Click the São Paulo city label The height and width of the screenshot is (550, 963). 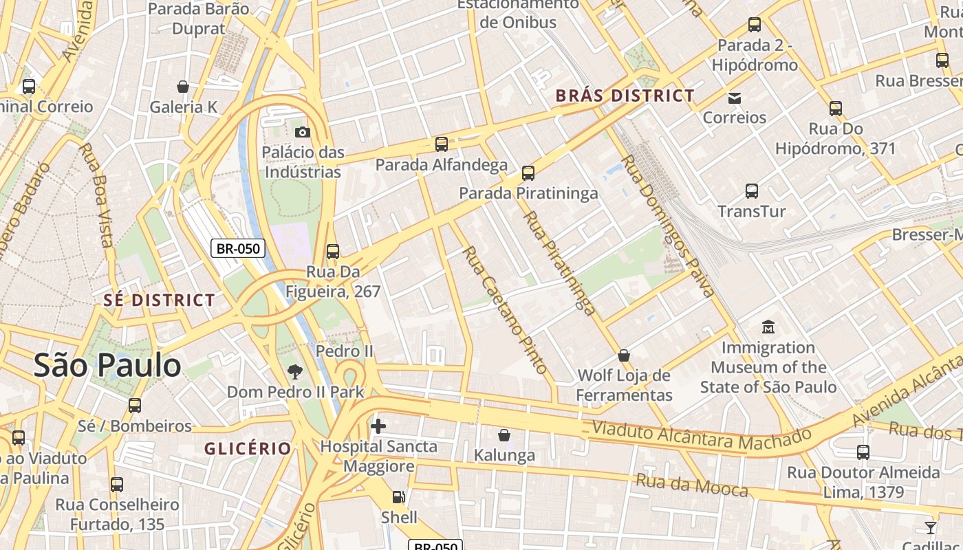(107, 366)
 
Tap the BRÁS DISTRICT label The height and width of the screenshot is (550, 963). (625, 96)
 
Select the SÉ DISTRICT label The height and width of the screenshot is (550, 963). (159, 300)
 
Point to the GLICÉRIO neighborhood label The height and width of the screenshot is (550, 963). (248, 449)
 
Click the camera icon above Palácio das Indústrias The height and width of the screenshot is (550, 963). (302, 132)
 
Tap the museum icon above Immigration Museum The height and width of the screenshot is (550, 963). (768, 327)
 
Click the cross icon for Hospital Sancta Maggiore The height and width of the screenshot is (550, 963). (378, 426)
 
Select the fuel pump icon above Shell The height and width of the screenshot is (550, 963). (398, 497)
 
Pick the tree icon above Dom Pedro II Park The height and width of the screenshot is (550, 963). (295, 372)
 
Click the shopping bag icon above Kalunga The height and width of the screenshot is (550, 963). (504, 435)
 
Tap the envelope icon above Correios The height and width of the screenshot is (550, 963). (735, 98)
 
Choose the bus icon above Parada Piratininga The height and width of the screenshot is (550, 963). (528, 173)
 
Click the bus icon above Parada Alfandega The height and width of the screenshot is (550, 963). (442, 144)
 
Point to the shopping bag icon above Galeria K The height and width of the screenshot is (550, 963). (183, 87)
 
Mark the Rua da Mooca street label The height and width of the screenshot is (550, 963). (691, 485)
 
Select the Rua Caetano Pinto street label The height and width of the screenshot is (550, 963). (506, 309)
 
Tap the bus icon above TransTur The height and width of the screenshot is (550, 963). (752, 191)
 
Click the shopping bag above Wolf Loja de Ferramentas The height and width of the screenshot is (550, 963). (624, 355)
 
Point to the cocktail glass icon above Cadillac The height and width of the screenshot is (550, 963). (931, 527)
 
